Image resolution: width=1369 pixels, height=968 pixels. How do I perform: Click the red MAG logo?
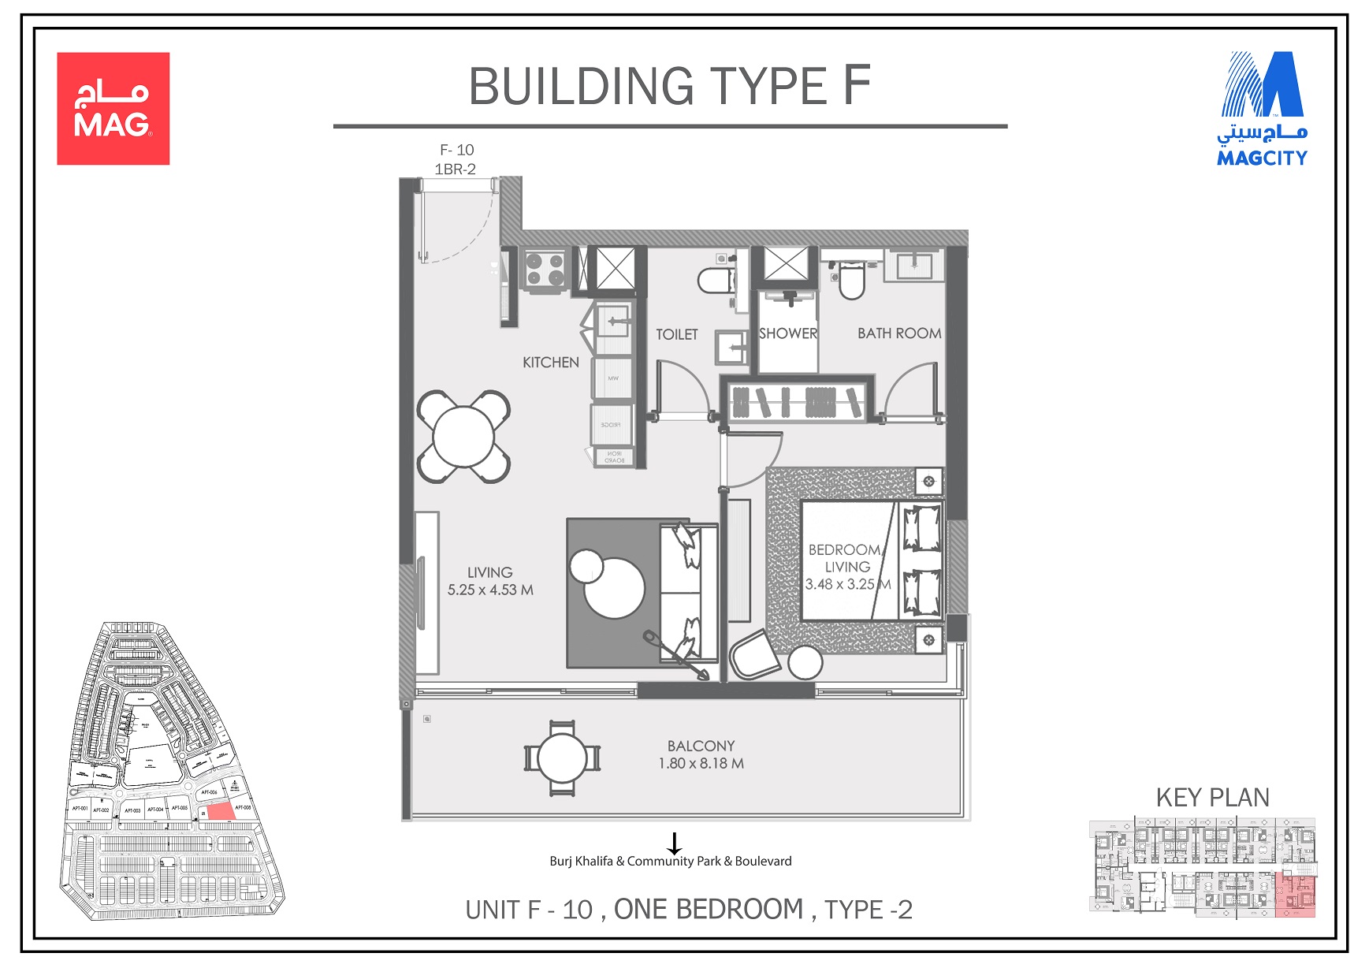pyautogui.click(x=113, y=108)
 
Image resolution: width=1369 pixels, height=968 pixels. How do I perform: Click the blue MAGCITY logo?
pyautogui.click(x=1262, y=109)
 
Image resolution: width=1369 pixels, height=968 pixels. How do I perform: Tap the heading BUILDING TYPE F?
pyautogui.click(x=669, y=86)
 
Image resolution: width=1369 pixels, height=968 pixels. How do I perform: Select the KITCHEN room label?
pyautogui.click(x=550, y=363)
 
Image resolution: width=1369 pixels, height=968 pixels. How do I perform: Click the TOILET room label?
pyautogui.click(x=676, y=335)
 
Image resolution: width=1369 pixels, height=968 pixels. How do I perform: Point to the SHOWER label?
pyautogui.click(x=787, y=333)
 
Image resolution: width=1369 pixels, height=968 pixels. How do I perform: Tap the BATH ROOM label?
pyautogui.click(x=899, y=333)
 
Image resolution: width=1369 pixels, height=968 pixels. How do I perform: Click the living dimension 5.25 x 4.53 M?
pyautogui.click(x=490, y=590)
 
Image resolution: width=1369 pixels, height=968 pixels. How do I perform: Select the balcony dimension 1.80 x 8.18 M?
pyautogui.click(x=701, y=764)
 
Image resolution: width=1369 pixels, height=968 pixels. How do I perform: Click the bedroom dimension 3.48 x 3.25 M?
pyautogui.click(x=847, y=585)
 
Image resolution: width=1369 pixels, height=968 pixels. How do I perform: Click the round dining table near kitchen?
pyautogui.click(x=463, y=436)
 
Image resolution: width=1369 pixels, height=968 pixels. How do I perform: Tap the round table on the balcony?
pyautogui.click(x=562, y=758)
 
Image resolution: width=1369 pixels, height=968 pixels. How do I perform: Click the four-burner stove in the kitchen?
pyautogui.click(x=545, y=270)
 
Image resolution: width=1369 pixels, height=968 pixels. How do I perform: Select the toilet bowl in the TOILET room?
pyautogui.click(x=716, y=281)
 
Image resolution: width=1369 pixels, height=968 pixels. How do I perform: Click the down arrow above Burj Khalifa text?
pyautogui.click(x=674, y=843)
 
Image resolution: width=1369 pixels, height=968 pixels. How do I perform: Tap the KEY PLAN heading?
pyautogui.click(x=1212, y=798)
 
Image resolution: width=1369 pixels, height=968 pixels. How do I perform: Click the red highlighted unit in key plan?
pyautogui.click(x=1295, y=895)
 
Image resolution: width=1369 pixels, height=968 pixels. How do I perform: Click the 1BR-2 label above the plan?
pyautogui.click(x=455, y=169)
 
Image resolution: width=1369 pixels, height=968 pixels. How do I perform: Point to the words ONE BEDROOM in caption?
pyautogui.click(x=708, y=910)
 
